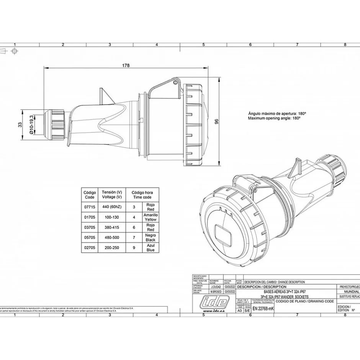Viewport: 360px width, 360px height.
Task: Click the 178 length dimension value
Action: click(x=126, y=65)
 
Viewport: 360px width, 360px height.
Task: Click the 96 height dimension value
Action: click(x=216, y=122)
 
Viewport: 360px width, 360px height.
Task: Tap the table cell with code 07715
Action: click(x=89, y=206)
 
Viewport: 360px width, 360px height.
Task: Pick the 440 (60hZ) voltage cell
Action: click(x=112, y=206)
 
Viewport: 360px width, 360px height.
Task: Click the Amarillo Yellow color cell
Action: click(x=151, y=217)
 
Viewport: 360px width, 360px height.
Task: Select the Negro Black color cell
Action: click(x=151, y=237)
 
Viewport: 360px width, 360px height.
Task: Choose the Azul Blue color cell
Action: click(x=151, y=247)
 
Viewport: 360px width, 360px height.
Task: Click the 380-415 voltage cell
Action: click(x=112, y=227)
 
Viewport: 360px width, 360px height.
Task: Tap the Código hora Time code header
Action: click(x=142, y=195)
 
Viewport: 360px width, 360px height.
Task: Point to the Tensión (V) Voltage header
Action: click(x=112, y=195)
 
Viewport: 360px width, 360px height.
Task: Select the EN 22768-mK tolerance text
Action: click(x=263, y=309)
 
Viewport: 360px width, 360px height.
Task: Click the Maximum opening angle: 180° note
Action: click(x=274, y=119)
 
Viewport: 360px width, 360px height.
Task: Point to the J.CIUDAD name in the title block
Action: click(x=216, y=286)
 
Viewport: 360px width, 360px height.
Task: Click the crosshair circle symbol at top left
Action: click(x=14, y=51)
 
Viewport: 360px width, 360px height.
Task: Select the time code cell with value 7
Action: click(x=134, y=237)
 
